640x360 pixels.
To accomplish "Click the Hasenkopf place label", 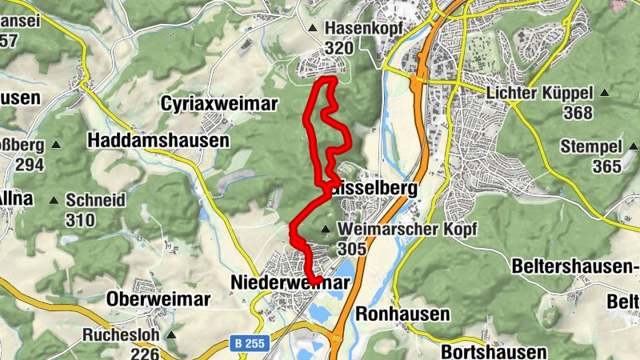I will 362,29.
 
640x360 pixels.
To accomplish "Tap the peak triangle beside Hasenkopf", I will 313,29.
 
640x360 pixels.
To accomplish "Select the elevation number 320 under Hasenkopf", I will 339,49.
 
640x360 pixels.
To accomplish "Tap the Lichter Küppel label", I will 539,93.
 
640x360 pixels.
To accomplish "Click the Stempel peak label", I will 590,146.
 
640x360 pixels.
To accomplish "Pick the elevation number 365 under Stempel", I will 607,166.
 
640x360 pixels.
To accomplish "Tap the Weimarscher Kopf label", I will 407,230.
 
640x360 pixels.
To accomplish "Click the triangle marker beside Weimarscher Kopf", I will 326,230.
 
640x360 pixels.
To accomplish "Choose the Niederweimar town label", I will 290,283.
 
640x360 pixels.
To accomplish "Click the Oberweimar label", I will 158,299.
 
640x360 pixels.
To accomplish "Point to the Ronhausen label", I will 402,314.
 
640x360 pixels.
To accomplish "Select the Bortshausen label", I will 494,352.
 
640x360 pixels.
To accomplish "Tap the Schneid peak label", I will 96,200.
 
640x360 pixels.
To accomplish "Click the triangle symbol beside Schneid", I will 54,200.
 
